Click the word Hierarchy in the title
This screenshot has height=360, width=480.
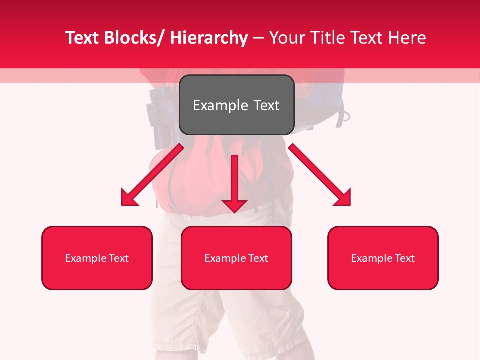click(x=208, y=38)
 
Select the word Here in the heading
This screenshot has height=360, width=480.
click(x=407, y=38)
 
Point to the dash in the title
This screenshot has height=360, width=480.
click(x=258, y=38)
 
